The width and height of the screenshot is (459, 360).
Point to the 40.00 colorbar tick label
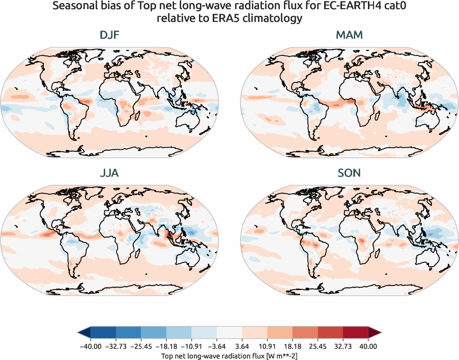coord(368,346)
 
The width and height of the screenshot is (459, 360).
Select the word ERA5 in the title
coord(232,19)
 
